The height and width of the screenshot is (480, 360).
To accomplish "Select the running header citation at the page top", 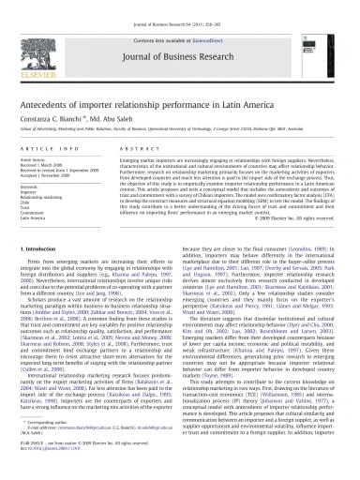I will pos(179,7).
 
